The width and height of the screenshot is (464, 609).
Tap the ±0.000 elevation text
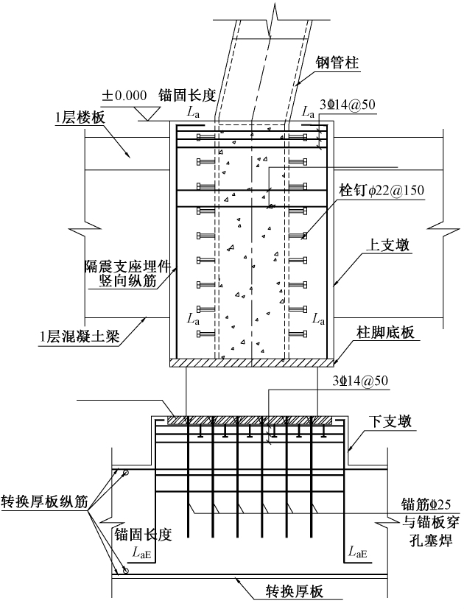point(125,95)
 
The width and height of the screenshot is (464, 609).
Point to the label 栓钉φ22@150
point(382,189)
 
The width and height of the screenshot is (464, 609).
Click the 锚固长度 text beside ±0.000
point(191,95)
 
